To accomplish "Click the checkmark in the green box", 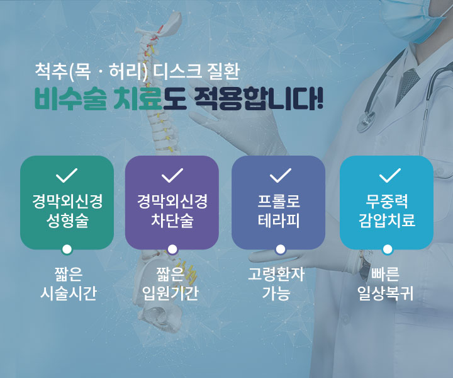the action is click(x=67, y=175).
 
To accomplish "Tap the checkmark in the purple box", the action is click(x=172, y=175).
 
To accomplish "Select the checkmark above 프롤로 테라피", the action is click(x=280, y=175).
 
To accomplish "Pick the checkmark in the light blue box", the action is click(x=389, y=175).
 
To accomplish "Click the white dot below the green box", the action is click(x=67, y=249).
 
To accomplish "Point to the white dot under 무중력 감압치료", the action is click(x=388, y=249).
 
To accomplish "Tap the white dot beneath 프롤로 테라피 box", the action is click(x=280, y=249).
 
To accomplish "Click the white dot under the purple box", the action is click(x=172, y=249).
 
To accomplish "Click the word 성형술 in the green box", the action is click(x=67, y=220).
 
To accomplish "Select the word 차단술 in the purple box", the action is click(x=172, y=220).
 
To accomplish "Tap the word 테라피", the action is click(x=279, y=220).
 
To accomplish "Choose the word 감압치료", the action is click(x=387, y=220).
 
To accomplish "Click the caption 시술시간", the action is click(x=68, y=293).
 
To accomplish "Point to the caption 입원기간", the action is click(x=171, y=293).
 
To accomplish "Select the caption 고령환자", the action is click(x=276, y=274).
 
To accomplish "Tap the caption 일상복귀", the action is click(x=386, y=293).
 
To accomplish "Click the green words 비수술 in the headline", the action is click(x=70, y=100).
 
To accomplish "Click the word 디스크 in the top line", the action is click(x=177, y=71).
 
